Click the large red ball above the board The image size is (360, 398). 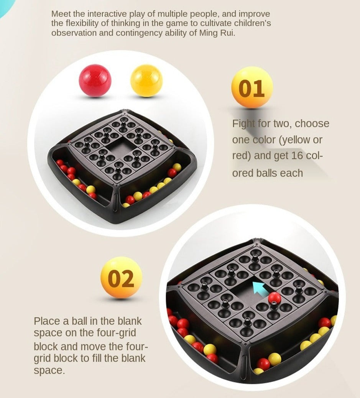click(x=95, y=81)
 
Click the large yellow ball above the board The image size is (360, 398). click(x=146, y=81)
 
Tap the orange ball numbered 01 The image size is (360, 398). click(x=252, y=87)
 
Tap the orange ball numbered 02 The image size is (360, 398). click(x=122, y=278)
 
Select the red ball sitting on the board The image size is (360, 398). click(x=275, y=298)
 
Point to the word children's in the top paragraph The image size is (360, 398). click(x=252, y=23)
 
